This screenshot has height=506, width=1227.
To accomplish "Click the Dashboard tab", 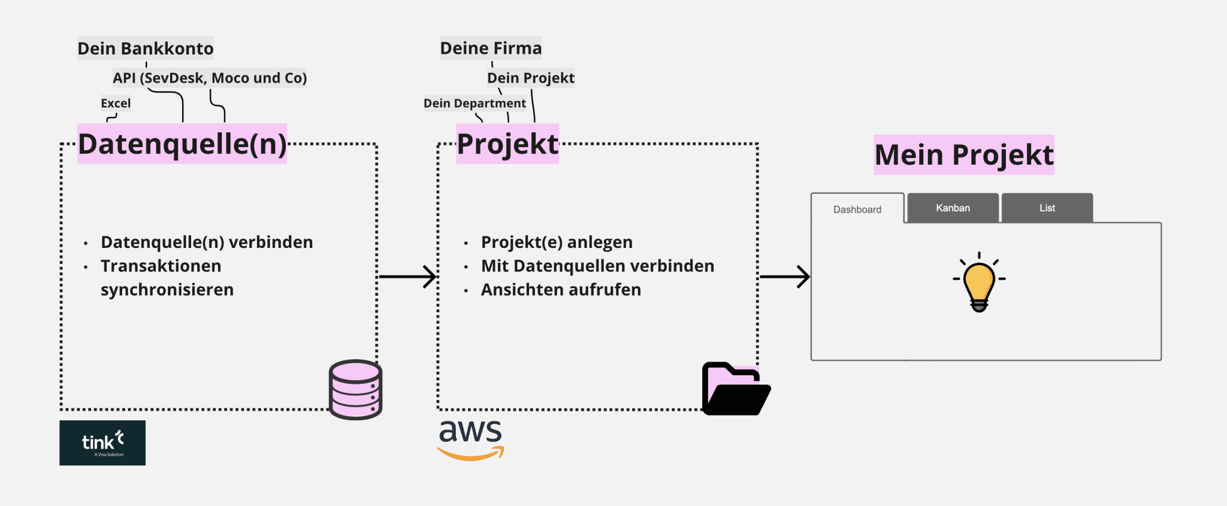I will click(x=857, y=209).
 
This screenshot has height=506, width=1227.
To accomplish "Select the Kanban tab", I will click(x=953, y=208).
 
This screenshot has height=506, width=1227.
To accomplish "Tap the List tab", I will click(x=1047, y=208).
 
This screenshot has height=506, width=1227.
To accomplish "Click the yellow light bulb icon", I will click(x=979, y=283).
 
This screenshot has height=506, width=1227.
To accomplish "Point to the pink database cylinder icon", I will click(x=355, y=389).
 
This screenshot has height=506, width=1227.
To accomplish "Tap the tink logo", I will click(x=102, y=443).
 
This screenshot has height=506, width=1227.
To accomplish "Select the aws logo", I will click(x=471, y=439).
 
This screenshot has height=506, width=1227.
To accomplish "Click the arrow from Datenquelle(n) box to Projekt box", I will click(x=407, y=277).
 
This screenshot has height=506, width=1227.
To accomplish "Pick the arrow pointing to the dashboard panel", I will click(x=785, y=277).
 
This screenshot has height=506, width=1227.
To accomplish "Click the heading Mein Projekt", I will click(x=963, y=155).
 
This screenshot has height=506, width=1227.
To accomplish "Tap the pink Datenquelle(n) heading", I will click(x=182, y=144).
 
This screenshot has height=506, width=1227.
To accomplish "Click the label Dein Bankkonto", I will click(x=146, y=49).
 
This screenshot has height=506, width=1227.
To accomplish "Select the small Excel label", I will click(x=116, y=103).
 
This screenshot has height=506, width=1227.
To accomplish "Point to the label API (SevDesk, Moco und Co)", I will click(x=210, y=78).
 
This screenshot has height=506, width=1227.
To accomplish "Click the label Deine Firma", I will click(x=491, y=48).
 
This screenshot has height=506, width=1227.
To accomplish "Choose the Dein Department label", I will click(x=475, y=103).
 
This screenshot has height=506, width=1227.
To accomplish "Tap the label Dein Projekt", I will click(x=531, y=78).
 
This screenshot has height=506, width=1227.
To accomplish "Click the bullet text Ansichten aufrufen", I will click(x=561, y=290).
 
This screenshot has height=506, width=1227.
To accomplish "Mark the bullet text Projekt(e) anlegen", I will click(x=557, y=242).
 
